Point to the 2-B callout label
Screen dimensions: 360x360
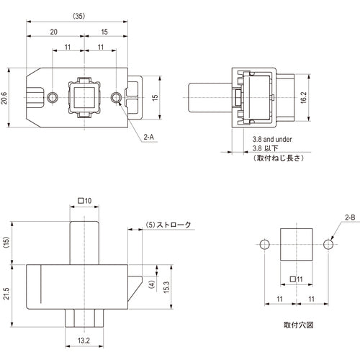348,217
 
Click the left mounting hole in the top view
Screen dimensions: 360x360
53,97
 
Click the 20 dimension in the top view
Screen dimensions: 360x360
54,32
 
